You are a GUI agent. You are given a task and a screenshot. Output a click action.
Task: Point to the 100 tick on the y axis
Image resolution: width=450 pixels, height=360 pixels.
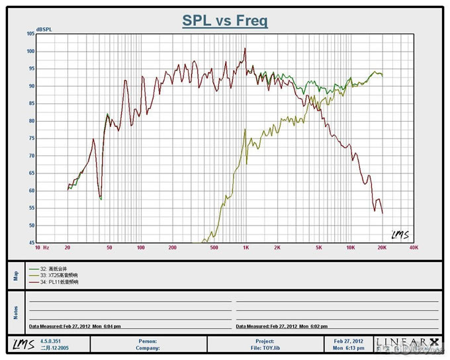tap(30, 51)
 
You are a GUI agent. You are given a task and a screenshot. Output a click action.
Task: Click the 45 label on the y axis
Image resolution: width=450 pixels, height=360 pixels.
tap(31, 243)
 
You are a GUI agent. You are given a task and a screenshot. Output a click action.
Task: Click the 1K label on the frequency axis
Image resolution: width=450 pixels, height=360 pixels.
tap(246, 247)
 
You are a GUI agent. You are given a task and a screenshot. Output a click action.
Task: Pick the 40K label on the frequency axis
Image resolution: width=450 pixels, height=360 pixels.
tap(413, 247)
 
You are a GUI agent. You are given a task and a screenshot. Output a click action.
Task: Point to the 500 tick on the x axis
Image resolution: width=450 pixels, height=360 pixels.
tap(214, 247)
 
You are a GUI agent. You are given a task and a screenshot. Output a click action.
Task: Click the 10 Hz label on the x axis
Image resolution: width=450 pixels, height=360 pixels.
tap(42, 247)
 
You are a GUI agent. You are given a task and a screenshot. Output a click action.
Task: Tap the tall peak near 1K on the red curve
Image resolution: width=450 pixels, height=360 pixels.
tap(245, 48)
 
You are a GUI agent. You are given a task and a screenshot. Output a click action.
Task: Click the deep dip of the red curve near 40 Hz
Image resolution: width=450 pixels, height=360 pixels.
tap(100, 197)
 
